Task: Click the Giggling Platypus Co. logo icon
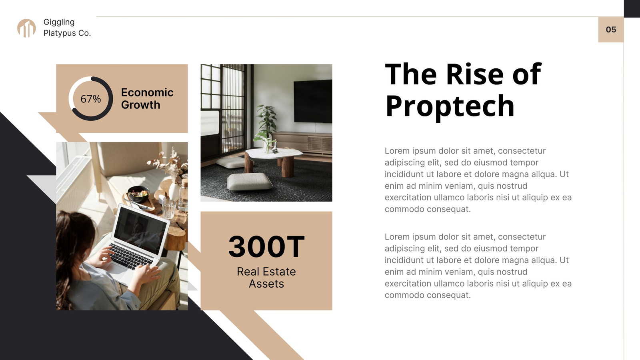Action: click(26, 28)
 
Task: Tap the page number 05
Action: click(611, 30)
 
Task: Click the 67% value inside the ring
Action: click(90, 99)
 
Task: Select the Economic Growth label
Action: click(147, 98)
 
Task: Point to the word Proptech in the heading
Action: click(450, 106)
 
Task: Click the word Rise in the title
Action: click(474, 74)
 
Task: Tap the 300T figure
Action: click(266, 246)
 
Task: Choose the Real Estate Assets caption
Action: click(266, 278)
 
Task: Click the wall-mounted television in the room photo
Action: click(313, 101)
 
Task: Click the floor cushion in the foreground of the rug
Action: click(250, 182)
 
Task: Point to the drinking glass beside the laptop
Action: click(169, 208)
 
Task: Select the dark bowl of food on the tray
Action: click(138, 194)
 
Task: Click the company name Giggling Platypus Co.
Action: click(67, 28)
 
